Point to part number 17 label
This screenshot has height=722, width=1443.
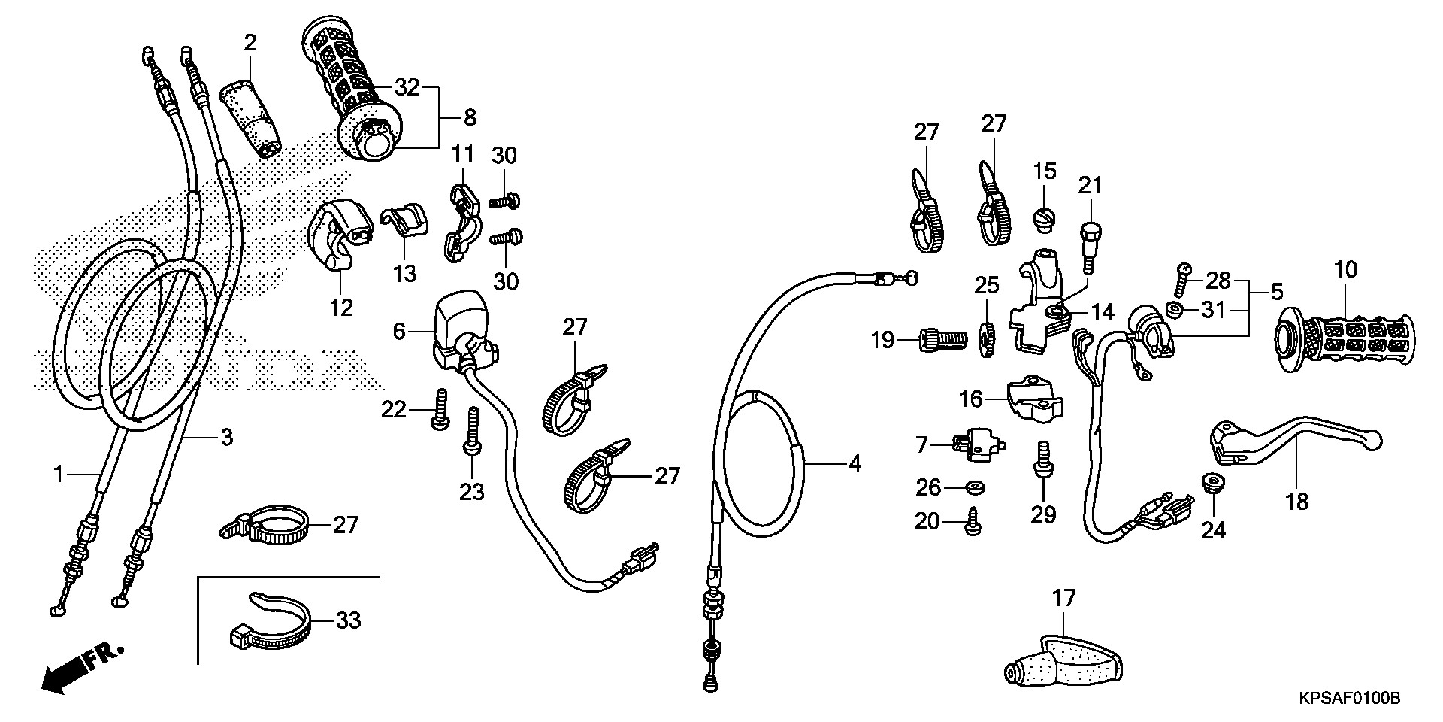point(1064,599)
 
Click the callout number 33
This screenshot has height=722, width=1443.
point(348,620)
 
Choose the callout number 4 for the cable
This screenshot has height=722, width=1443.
point(854,464)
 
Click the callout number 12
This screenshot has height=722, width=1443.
point(341,307)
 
